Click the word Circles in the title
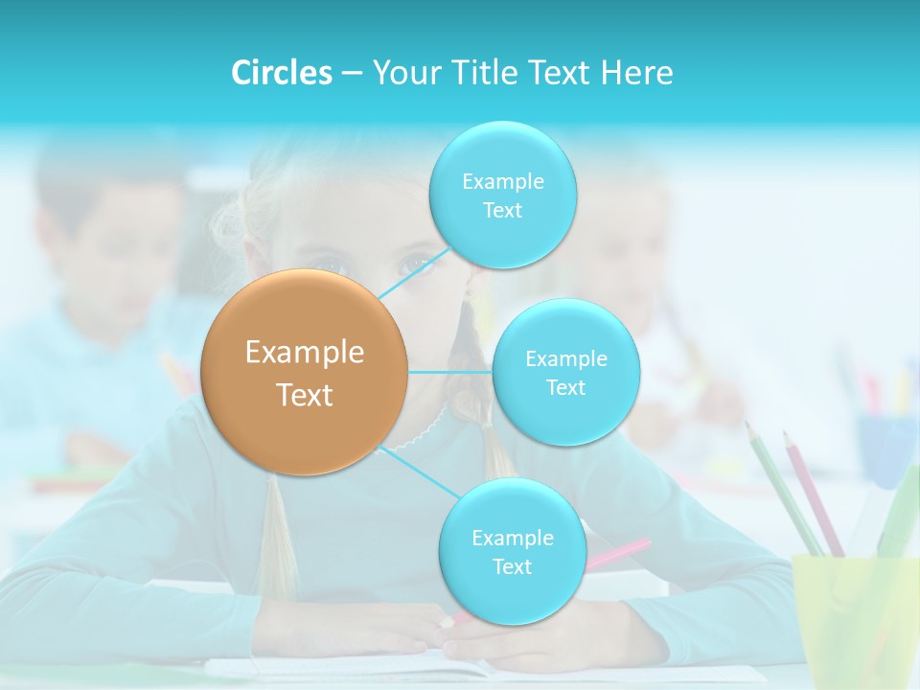point(282,73)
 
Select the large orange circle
point(304,372)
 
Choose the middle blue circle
point(565,372)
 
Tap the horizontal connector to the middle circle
point(450,372)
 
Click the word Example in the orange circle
point(304,352)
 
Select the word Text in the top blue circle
point(502,211)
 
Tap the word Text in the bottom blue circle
point(512,567)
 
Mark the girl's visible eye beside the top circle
point(419,262)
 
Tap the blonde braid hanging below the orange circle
point(278,537)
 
